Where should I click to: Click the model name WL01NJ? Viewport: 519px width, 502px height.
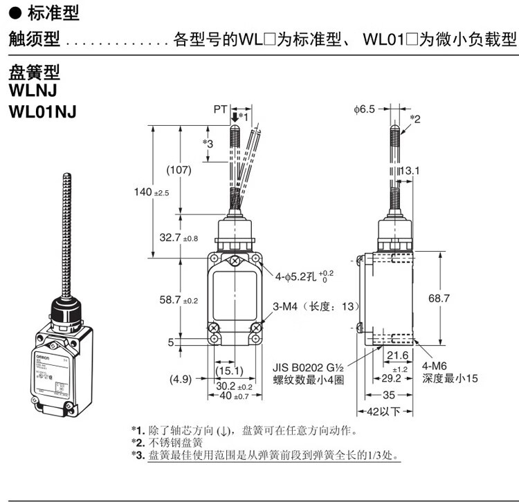coord(42,111)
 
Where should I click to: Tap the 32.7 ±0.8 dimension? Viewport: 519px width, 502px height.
coord(179,238)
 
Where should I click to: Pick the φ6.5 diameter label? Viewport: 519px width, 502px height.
coord(363,109)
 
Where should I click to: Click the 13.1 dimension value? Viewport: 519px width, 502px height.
coord(410,170)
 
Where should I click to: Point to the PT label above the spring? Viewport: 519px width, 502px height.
coord(220,109)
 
